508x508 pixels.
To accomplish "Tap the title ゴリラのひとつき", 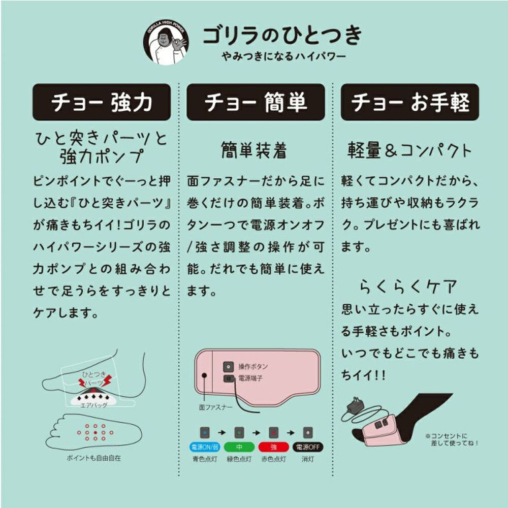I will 282,35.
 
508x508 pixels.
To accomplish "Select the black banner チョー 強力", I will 101,103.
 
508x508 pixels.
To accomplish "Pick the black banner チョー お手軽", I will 410,103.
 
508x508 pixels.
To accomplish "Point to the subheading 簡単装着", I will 254,150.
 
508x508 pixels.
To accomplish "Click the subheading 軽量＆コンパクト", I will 409,150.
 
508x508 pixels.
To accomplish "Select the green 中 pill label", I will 238,448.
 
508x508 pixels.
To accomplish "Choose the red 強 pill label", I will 273,448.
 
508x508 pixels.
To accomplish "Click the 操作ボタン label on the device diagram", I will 252,366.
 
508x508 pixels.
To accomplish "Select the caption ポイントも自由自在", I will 94,458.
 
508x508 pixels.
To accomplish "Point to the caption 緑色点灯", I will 238,459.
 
